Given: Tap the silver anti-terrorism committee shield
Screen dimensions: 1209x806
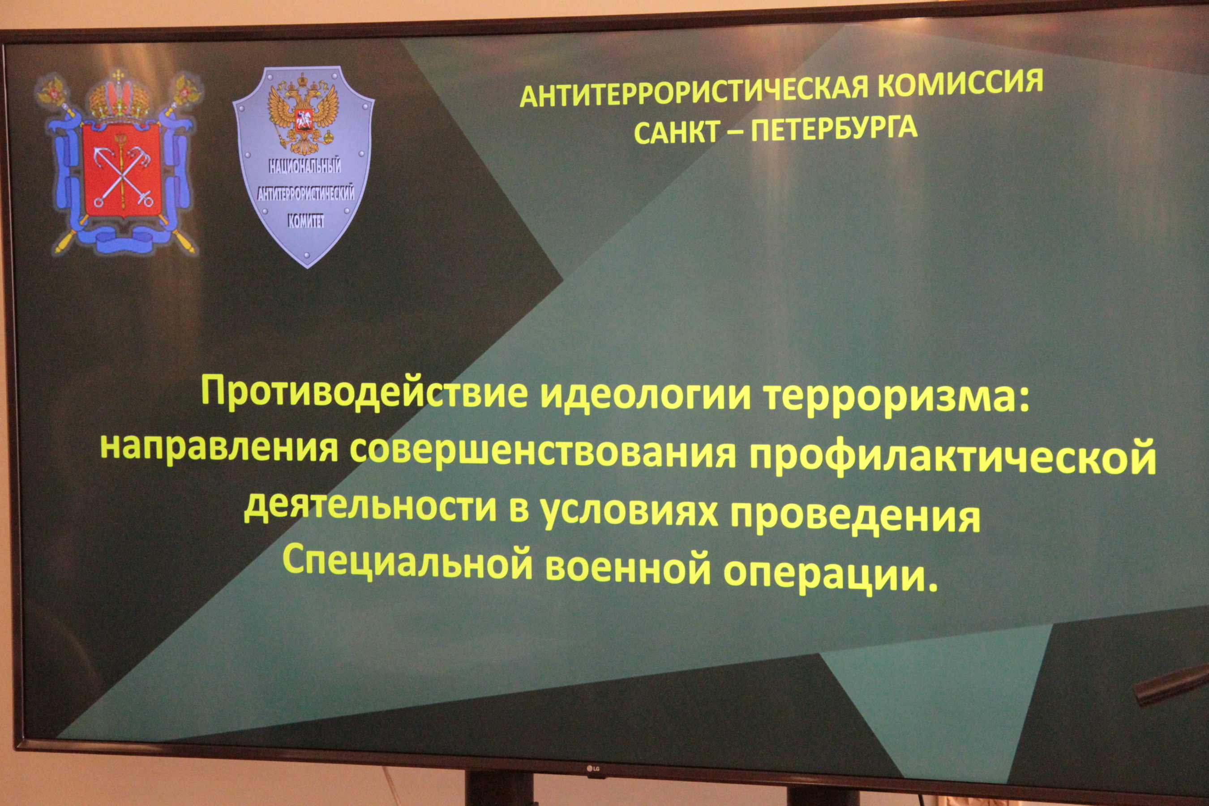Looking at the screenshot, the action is pyautogui.click(x=303, y=166).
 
